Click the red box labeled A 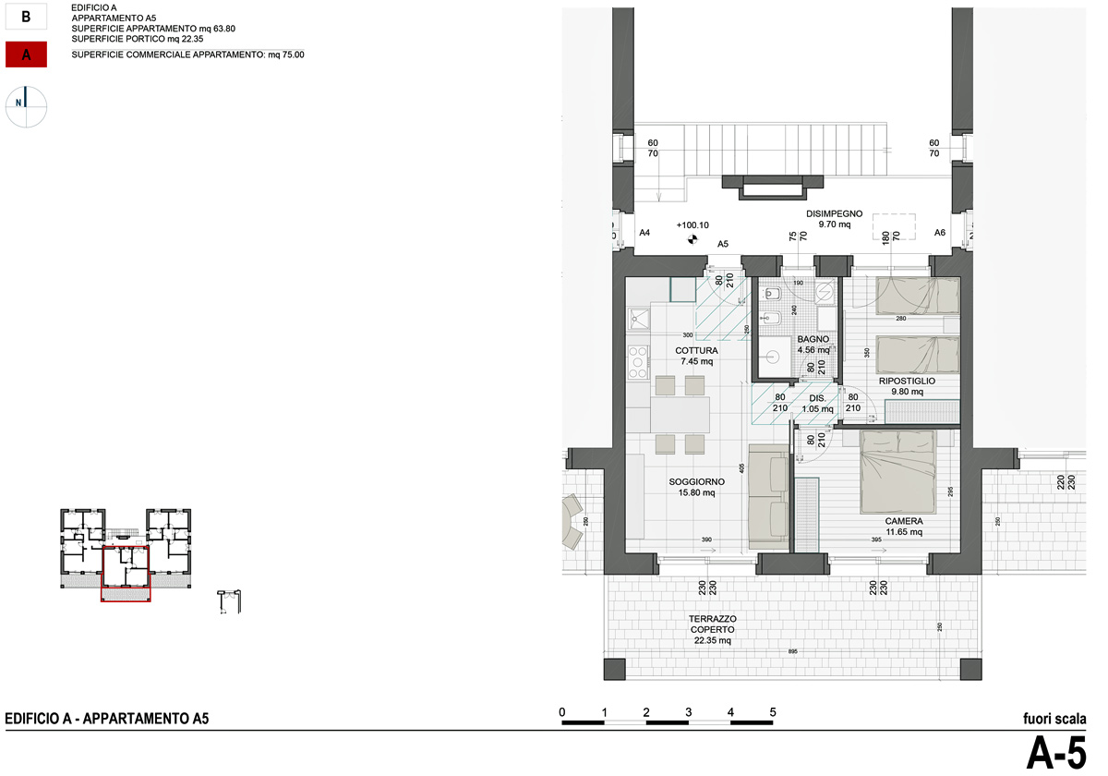tap(27, 55)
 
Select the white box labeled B tap(27, 16)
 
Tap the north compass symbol tap(28, 106)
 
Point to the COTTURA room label tap(696, 351)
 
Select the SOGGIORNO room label tap(696, 481)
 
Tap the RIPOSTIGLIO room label tap(907, 381)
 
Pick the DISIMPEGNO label tap(834, 213)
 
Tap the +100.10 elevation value tap(692, 224)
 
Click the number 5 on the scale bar tap(773, 711)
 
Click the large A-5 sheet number tap(1056, 752)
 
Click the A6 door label tap(940, 233)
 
